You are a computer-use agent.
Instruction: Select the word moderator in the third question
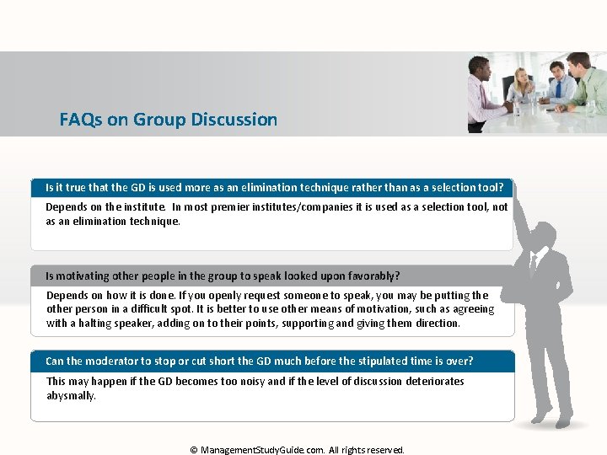(x=119, y=361)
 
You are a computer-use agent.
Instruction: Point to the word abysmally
(x=71, y=395)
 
